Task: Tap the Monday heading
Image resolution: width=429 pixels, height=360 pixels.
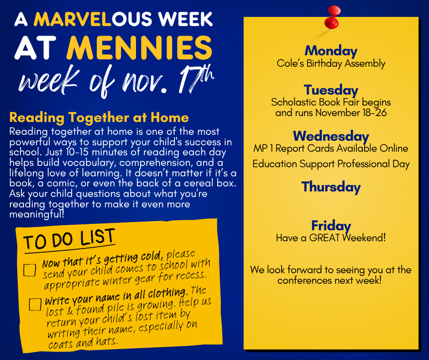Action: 331,51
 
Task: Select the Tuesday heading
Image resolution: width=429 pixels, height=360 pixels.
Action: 331,90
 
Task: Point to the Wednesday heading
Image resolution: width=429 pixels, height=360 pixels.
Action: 331,136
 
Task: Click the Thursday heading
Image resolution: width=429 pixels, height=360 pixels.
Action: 331,187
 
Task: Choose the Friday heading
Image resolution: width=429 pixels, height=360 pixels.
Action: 331,226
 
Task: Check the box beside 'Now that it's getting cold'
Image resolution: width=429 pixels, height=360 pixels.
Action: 30,270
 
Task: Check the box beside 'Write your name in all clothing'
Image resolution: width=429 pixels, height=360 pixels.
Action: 35,304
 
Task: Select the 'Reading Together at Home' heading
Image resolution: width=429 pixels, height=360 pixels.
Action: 99,117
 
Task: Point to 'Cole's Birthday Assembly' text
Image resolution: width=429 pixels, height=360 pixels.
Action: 331,64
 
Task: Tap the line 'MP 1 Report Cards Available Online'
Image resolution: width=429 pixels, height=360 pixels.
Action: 331,148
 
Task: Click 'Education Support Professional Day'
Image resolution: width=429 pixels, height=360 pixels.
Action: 331,164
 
